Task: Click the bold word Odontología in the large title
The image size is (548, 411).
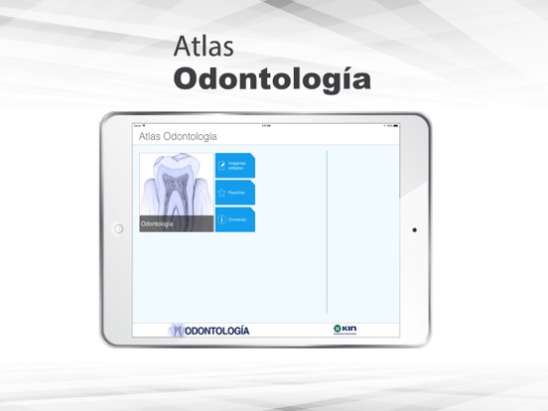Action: [272, 78]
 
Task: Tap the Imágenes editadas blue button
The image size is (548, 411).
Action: [235, 165]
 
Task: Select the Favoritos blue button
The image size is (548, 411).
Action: [235, 192]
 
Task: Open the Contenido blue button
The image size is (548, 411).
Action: [235, 218]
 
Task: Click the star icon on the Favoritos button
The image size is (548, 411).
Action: [222, 192]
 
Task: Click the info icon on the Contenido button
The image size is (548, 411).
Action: [222, 218]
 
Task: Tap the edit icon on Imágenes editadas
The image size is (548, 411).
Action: [222, 165]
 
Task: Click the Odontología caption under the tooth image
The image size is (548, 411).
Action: [157, 224]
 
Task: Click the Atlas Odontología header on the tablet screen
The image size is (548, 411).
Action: [178, 137]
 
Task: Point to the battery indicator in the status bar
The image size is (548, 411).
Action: [394, 126]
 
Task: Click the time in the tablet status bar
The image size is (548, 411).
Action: [266, 126]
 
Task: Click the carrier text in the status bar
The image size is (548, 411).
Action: [139, 126]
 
